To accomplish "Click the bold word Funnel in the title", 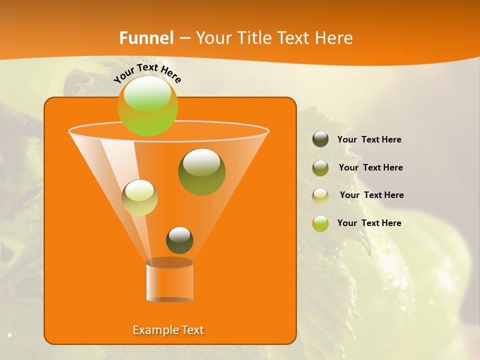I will coord(146,38).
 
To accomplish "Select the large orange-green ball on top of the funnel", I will coord(147,106).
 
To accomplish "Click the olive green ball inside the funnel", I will coord(201,172).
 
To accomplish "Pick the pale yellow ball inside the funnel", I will coord(139,197).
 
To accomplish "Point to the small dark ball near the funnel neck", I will coord(179,240).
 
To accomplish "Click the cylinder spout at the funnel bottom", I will coord(169,281).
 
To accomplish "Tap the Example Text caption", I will coord(168,330).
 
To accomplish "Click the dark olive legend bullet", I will coord(320,139).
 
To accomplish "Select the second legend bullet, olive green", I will coord(320,168).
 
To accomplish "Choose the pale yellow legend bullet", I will coord(320,195).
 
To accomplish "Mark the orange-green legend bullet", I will coord(320,223).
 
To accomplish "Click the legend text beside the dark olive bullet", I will coord(369,139).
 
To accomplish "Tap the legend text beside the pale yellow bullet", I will coord(371,195).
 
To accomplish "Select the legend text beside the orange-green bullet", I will coord(369,223).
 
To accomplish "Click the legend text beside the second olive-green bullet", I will coord(370,167).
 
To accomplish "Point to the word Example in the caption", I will coord(151,330).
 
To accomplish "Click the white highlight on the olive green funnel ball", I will coord(201,163).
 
